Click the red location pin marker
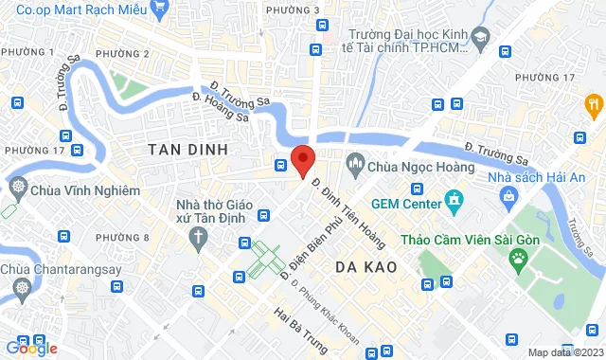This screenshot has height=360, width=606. pos(302,159)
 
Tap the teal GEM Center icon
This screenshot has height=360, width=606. pos(454,202)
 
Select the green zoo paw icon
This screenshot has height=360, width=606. pos(518,257)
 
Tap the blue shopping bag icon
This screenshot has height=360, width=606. pos(509,197)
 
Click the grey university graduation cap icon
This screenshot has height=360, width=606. pos(480,37)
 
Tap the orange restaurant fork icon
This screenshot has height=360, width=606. pos(594,103)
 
